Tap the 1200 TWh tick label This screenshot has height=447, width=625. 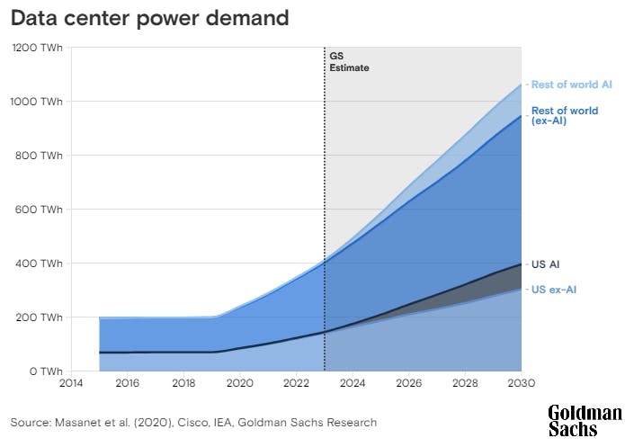[x=37, y=48]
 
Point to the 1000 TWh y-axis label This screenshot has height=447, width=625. [x=37, y=102]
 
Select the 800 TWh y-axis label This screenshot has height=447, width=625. [x=40, y=156]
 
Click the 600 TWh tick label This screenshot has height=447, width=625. [x=40, y=210]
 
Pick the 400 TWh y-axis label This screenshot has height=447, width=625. [x=40, y=264]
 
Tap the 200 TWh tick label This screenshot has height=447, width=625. [x=40, y=317]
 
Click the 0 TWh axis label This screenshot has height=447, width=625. [x=44, y=371]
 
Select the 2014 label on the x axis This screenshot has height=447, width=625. [x=71, y=384]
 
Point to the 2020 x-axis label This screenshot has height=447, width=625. [x=239, y=384]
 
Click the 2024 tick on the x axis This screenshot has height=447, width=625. [x=353, y=384]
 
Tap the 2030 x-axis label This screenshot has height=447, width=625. [x=521, y=384]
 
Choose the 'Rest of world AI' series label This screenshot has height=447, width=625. [x=572, y=85]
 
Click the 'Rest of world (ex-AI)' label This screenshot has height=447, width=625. [x=564, y=116]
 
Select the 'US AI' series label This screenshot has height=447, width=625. [x=547, y=264]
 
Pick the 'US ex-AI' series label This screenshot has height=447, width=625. [x=553, y=290]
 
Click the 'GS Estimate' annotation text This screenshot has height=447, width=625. [x=349, y=61]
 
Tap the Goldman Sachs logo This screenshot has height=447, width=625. [x=585, y=421]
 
